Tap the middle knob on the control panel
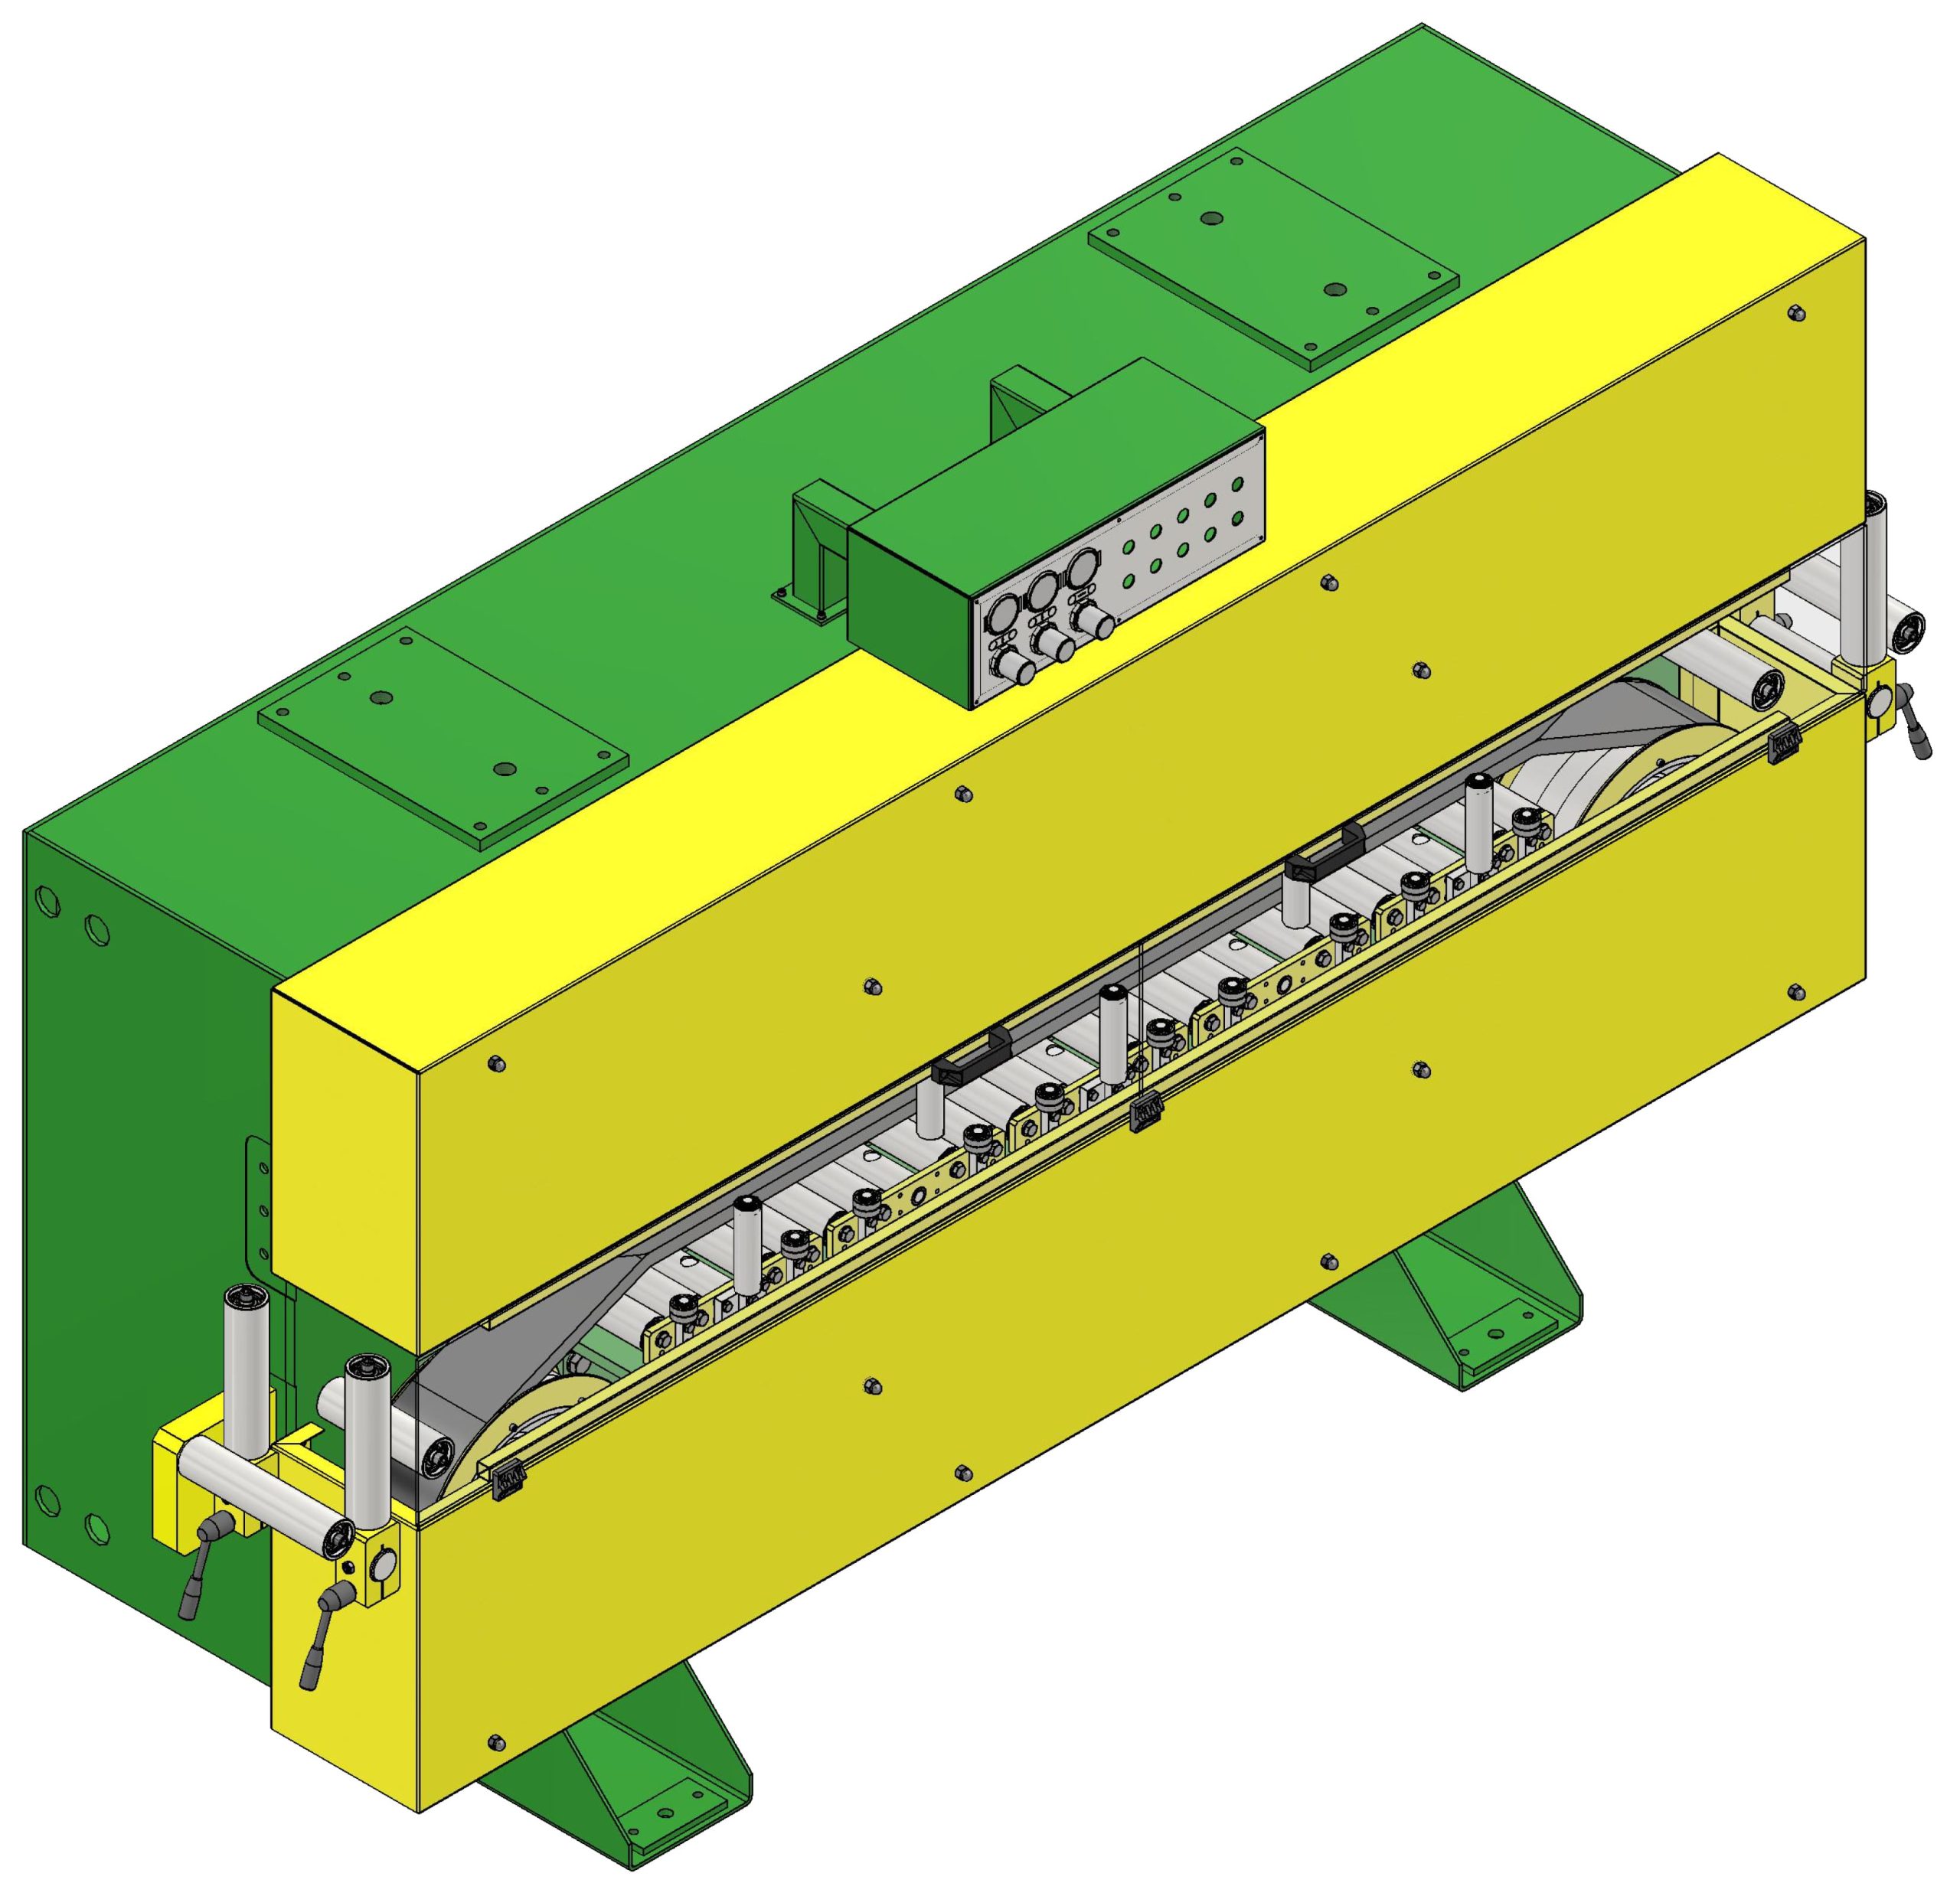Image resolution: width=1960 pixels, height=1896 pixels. click(x=1052, y=644)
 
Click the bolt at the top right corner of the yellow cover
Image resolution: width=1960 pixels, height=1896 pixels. click(x=1795, y=314)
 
